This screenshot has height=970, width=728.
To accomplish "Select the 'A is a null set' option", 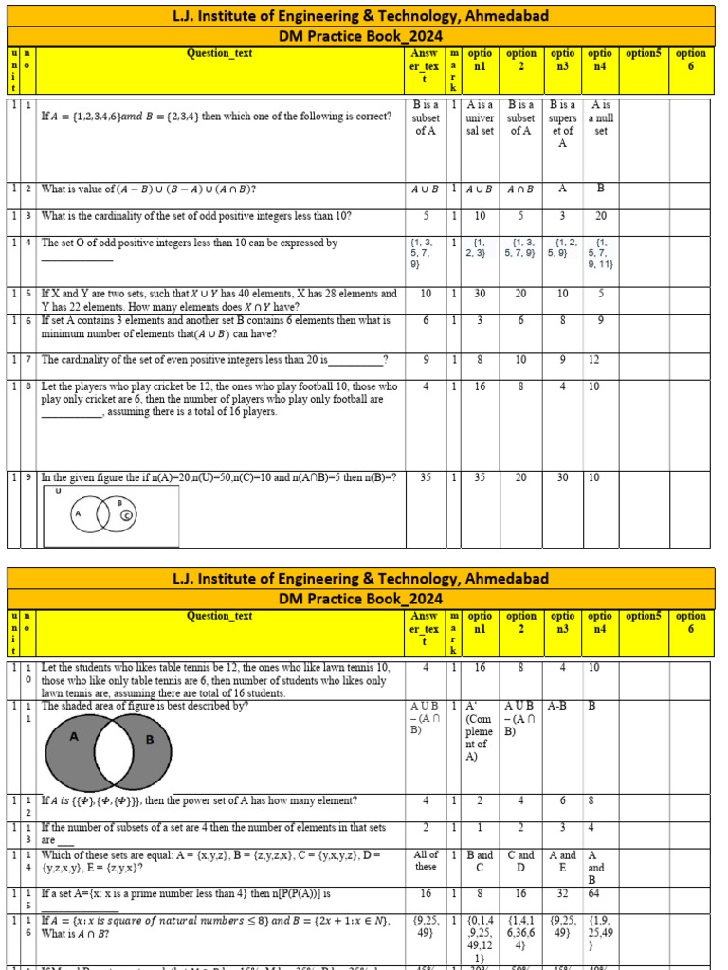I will click(x=599, y=118).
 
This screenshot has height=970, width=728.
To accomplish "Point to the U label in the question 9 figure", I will click(x=58, y=492).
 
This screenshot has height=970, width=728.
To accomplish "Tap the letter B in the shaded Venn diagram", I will click(x=149, y=740).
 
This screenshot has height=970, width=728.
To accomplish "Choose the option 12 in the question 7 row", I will click(x=593, y=360).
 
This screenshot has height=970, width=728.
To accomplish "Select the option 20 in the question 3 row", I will click(x=599, y=215).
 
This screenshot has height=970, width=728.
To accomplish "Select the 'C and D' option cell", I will click(x=520, y=860).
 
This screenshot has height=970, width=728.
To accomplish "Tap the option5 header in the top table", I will click(x=644, y=54).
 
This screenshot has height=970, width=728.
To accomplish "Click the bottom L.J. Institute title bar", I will click(x=360, y=578).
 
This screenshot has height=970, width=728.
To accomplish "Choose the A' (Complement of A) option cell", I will click(x=480, y=730).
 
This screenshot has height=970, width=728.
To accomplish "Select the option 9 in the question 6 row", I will click(x=599, y=321).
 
